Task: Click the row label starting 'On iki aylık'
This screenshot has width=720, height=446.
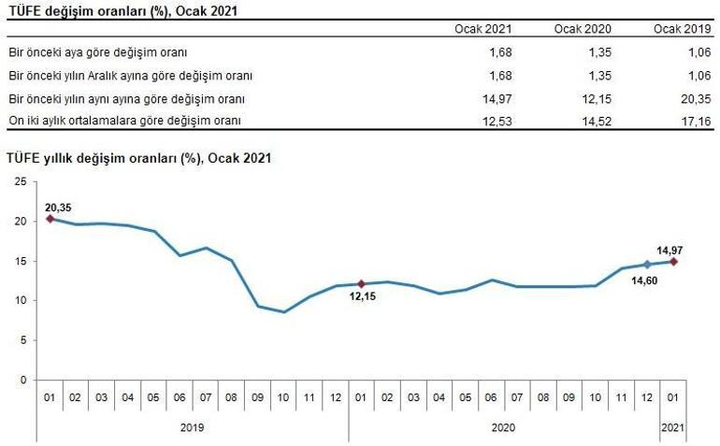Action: (x=124, y=121)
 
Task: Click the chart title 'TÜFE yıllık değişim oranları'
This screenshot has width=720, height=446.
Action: (x=138, y=158)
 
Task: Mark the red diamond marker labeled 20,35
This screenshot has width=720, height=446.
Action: (x=50, y=218)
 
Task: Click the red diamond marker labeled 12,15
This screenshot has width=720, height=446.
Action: (x=361, y=283)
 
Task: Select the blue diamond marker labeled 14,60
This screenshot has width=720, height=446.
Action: (x=647, y=265)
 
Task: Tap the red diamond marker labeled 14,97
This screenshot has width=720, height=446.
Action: (x=673, y=262)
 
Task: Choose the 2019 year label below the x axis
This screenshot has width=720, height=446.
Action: (x=193, y=427)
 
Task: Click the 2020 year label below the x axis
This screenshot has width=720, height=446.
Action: (x=504, y=427)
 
